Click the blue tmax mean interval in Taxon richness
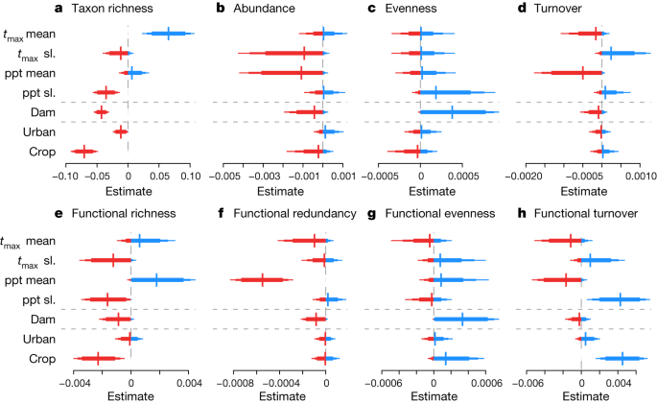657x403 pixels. click(x=168, y=34)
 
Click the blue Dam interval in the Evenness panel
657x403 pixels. click(x=453, y=112)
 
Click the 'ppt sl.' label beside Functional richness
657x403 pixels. click(x=34, y=300)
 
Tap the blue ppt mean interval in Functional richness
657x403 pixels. click(x=157, y=279)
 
